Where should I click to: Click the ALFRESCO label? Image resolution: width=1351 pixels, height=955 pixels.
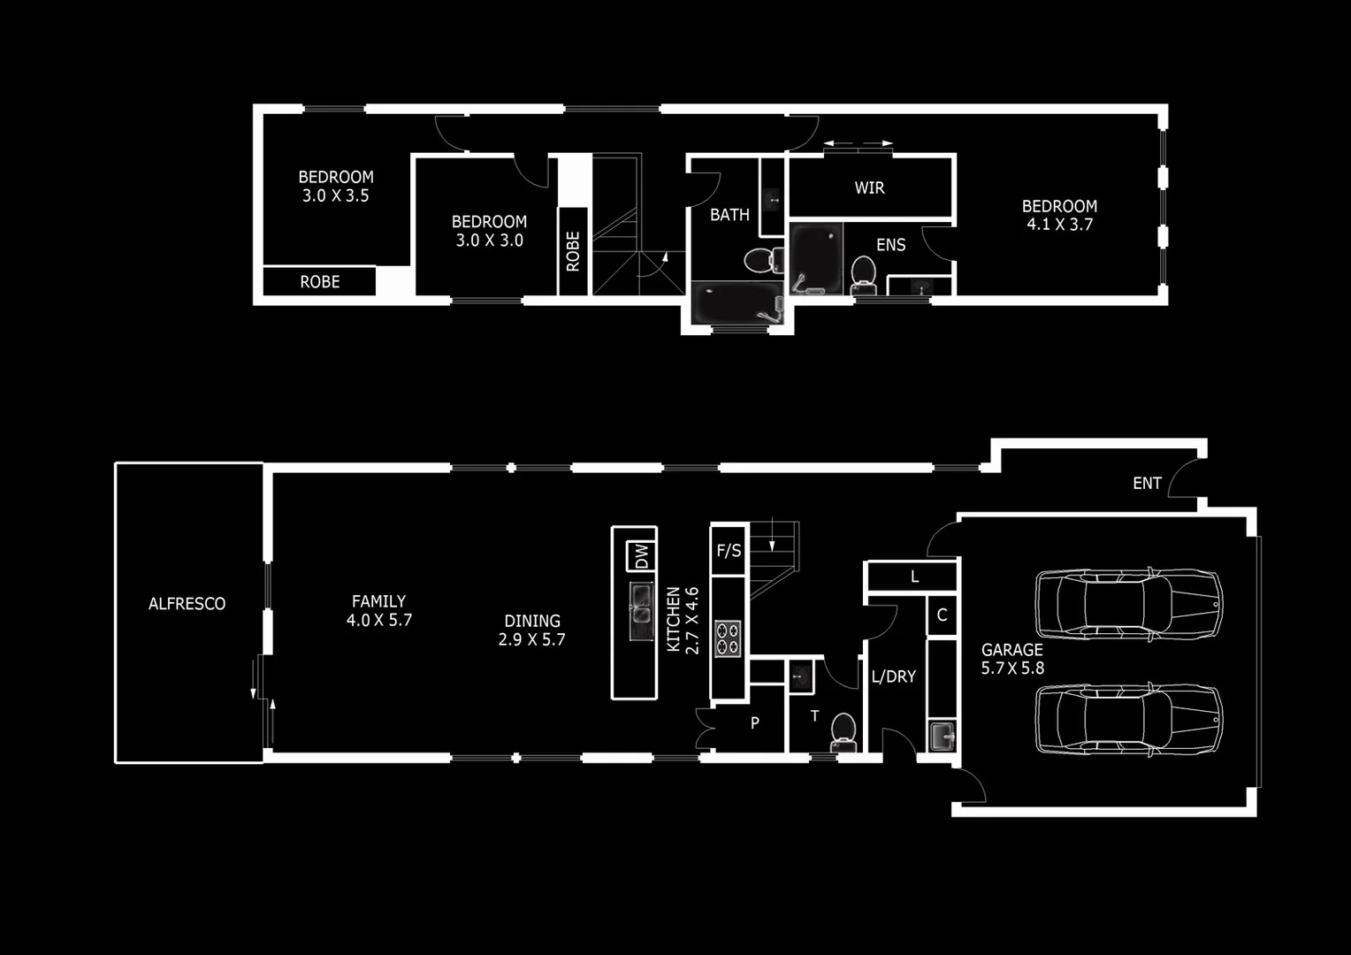pyautogui.click(x=187, y=604)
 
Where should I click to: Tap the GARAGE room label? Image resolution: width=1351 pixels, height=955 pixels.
pyautogui.click(x=1011, y=650)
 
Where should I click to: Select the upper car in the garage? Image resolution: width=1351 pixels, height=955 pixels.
pyautogui.click(x=1129, y=605)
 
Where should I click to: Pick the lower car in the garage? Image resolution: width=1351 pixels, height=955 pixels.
pyautogui.click(x=1129, y=718)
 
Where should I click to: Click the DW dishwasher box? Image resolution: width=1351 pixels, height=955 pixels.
pyautogui.click(x=641, y=556)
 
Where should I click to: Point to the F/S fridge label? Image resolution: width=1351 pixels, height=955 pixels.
pyautogui.click(x=729, y=551)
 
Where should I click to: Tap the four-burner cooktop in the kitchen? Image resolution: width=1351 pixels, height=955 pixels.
pyautogui.click(x=728, y=639)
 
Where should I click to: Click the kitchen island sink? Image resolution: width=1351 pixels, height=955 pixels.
pyautogui.click(x=642, y=611)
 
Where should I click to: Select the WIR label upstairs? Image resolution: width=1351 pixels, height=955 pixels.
pyautogui.click(x=869, y=187)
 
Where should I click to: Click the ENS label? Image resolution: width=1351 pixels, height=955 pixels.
pyautogui.click(x=890, y=245)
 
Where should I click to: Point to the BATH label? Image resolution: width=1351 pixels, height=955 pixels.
pyautogui.click(x=729, y=215)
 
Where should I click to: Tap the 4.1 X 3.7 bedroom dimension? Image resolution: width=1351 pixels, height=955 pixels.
pyautogui.click(x=1059, y=225)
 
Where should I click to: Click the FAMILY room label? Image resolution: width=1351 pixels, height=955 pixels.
pyautogui.click(x=378, y=601)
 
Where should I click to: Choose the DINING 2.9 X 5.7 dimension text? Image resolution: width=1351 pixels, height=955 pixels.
pyautogui.click(x=531, y=639)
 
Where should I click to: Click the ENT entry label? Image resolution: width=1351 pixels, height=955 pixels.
pyautogui.click(x=1147, y=483)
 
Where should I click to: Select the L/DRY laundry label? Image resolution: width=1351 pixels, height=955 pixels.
pyautogui.click(x=894, y=676)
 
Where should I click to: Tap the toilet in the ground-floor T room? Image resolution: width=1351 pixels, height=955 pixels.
pyautogui.click(x=843, y=732)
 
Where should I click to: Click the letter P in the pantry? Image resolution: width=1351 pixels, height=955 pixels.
pyautogui.click(x=754, y=723)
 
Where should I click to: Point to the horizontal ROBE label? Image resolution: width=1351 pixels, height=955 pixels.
pyautogui.click(x=319, y=282)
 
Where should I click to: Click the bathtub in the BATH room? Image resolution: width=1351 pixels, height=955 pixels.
pyautogui.click(x=737, y=303)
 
